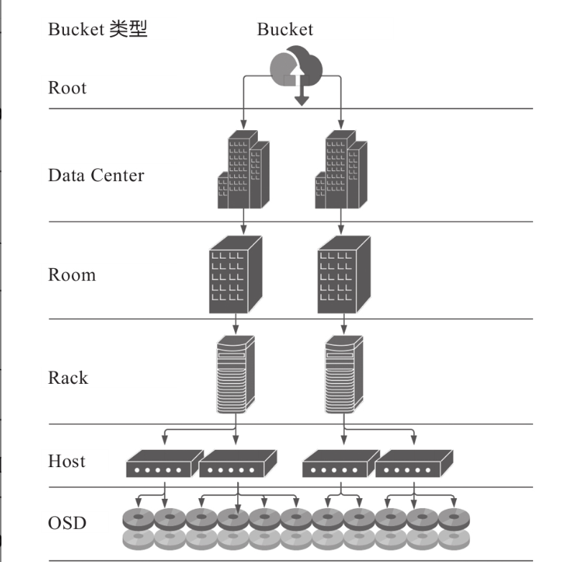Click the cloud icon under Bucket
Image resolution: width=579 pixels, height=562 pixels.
(295, 68)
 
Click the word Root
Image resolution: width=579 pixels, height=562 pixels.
(67, 88)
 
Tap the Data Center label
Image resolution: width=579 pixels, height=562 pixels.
(96, 175)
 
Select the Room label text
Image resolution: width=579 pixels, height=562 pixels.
(71, 275)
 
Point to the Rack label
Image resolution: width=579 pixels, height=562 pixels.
(68, 378)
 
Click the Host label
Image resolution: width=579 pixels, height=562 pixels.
(66, 461)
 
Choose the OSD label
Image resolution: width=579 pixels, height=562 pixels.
(67, 522)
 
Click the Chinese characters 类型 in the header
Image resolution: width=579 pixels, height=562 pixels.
(129, 29)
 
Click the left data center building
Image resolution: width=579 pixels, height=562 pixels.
(243, 171)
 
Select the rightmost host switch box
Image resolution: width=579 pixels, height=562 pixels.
(414, 464)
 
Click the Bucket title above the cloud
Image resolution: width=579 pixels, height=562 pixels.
(285, 29)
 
